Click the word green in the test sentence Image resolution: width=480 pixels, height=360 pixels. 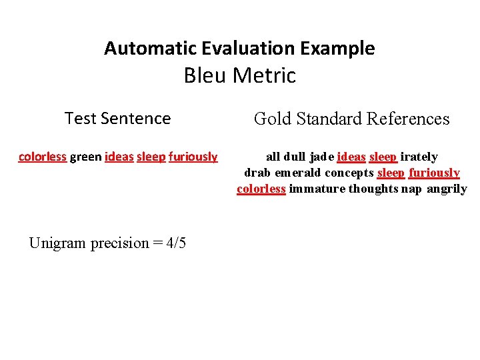coord(85,157)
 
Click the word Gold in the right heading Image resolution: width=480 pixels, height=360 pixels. coord(270,119)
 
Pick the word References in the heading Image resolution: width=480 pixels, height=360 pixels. coord(408,119)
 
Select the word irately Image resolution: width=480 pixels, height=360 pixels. coord(419,157)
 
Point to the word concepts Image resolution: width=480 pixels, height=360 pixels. coord(349,173)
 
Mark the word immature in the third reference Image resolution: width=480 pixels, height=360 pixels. coord(317,189)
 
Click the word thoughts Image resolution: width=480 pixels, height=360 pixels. coord(373,189)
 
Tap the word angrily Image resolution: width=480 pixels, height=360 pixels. coord(447,189)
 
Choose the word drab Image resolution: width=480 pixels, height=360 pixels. coord(257,173)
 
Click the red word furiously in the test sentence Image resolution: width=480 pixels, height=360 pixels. coord(193,157)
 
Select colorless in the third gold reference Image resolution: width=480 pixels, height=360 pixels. coord(261,189)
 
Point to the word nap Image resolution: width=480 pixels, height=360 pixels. coord(412,189)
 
